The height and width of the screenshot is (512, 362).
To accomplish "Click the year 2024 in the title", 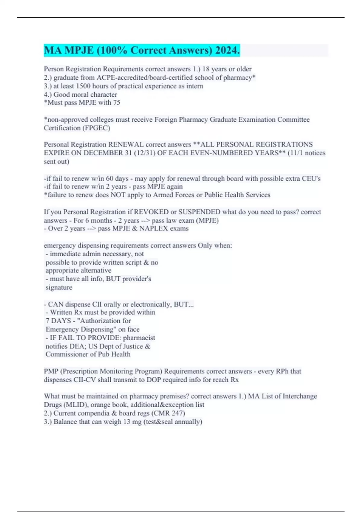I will (x=227, y=50).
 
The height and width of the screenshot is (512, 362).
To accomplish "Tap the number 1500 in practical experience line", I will (x=84, y=86).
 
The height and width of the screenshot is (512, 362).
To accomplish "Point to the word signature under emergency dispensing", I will (x=59, y=287).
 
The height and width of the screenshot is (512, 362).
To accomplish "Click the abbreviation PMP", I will (x=51, y=371).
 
